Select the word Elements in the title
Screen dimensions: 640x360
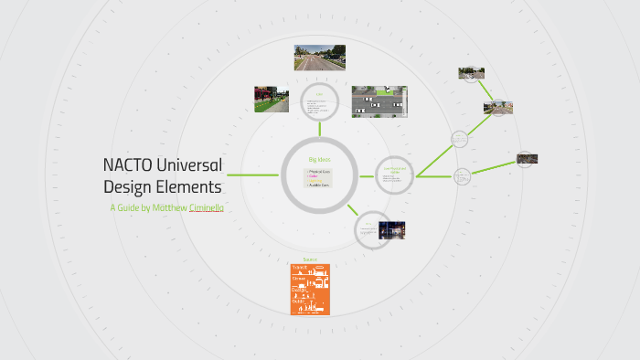pyautogui.click(x=188, y=187)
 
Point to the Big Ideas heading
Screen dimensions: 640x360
pyautogui.click(x=318, y=159)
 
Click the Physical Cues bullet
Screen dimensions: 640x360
pyautogui.click(x=319, y=171)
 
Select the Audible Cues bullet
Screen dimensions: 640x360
pyautogui.click(x=319, y=185)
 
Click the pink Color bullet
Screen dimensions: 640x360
pyautogui.click(x=314, y=177)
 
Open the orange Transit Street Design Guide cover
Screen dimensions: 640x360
pyautogui.click(x=310, y=289)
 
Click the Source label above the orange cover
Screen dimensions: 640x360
pyautogui.click(x=309, y=259)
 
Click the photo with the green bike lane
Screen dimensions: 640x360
pyautogui.click(x=272, y=99)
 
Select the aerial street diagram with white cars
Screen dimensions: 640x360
pyautogui.click(x=378, y=102)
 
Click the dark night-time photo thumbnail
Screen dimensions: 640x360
pyautogui.click(x=391, y=229)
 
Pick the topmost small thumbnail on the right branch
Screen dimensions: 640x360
pyautogui.click(x=471, y=73)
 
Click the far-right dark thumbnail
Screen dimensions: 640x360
pyautogui.click(x=527, y=158)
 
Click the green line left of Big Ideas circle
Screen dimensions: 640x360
pyautogui.click(x=253, y=174)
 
